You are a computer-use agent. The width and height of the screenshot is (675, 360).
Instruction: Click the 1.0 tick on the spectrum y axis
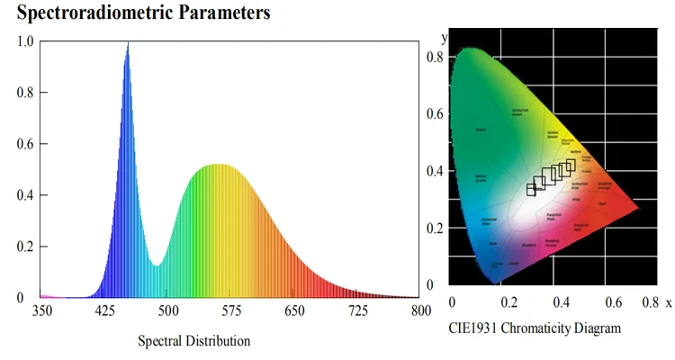[25, 41]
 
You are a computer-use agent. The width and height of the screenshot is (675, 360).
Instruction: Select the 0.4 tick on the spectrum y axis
[25, 194]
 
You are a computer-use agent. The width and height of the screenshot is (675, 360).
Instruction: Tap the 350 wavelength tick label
[41, 310]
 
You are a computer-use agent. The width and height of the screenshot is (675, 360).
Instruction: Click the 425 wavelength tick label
[105, 310]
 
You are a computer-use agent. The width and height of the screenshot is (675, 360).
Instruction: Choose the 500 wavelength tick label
[168, 310]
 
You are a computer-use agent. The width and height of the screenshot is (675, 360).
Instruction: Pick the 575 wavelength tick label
[231, 310]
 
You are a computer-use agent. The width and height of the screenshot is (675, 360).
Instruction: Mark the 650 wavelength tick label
[294, 310]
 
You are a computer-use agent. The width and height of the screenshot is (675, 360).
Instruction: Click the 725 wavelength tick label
[357, 310]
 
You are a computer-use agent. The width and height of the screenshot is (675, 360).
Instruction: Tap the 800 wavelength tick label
[420, 310]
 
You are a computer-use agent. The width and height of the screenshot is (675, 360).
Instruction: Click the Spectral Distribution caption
[193, 341]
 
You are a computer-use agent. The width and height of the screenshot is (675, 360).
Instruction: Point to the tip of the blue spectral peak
[128, 43]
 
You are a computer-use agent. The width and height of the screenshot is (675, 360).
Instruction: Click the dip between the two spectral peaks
[157, 265]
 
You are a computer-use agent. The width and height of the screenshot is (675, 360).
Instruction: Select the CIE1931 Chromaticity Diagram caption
[535, 328]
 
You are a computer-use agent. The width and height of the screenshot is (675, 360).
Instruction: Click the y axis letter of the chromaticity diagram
[445, 38]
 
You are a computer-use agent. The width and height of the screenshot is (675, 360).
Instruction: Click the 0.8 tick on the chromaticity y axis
[436, 57]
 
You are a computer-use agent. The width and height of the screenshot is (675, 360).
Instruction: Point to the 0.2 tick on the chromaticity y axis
[436, 228]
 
